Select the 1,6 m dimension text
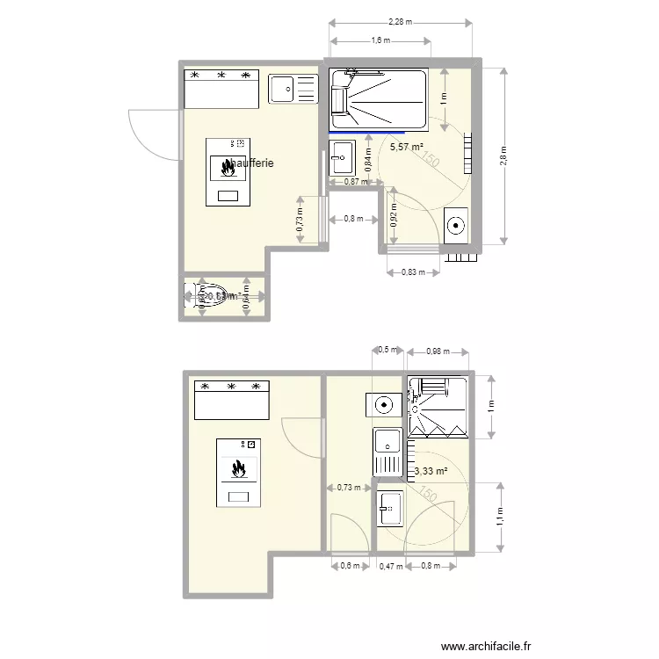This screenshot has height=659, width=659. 380,40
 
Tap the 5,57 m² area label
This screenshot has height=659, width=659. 407,147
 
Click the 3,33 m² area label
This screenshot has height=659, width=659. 431,472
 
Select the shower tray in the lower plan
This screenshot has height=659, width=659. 438,406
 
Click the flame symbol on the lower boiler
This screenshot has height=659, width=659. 238,469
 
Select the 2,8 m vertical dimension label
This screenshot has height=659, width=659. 503,156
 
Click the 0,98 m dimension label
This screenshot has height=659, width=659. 437,351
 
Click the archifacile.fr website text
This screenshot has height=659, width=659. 487,646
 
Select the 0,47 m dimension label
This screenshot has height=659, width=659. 390,567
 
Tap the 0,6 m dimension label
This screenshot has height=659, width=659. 350,567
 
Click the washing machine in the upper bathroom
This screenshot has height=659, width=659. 457,225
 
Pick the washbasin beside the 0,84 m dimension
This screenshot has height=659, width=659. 342,158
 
